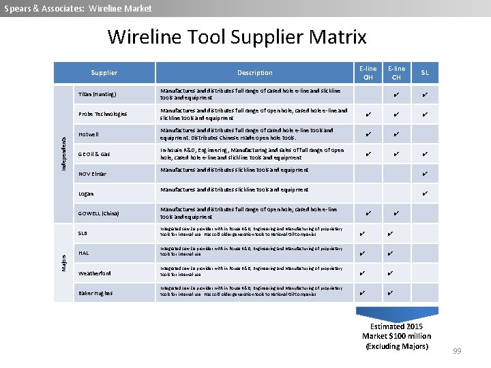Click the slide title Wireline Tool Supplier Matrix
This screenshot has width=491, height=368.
click(x=237, y=37)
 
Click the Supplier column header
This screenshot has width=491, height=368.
click(x=104, y=73)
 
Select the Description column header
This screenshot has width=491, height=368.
click(x=254, y=73)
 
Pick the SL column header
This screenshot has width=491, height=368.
click(x=425, y=73)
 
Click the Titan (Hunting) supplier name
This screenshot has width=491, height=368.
click(x=97, y=94)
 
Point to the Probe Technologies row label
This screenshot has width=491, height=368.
click(x=102, y=114)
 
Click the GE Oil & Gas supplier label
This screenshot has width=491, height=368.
click(x=94, y=154)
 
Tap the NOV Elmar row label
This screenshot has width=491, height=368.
click(x=92, y=174)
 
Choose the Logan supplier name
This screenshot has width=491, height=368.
click(x=86, y=194)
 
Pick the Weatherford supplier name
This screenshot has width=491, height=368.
click(x=95, y=273)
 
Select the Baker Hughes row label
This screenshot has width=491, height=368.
click(x=95, y=293)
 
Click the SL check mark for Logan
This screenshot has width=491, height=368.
click(x=425, y=194)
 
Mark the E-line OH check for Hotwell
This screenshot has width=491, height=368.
click(x=368, y=134)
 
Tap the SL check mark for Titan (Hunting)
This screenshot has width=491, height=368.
click(x=425, y=94)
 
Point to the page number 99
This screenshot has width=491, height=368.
click(x=457, y=351)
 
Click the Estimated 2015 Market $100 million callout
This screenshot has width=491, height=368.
click(x=396, y=336)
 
